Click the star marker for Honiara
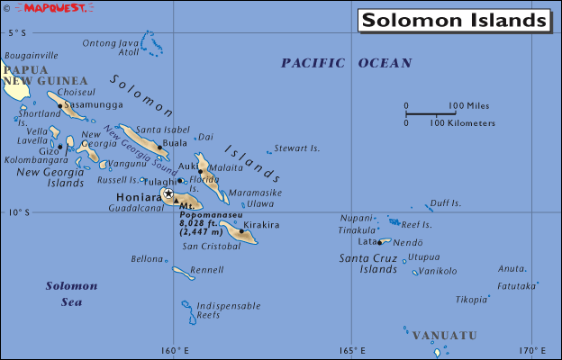pyautogui.click(x=168, y=193)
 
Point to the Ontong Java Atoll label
pyautogui.click(x=111, y=48)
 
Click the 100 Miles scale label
pyautogui.click(x=468, y=105)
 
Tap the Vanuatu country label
pyautogui.click(x=444, y=336)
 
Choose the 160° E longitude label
pyautogui.click(x=175, y=350)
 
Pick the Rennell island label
pyautogui.click(x=207, y=269)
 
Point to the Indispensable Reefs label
pyautogui.click(x=221, y=310)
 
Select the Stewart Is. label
pyautogui.click(x=297, y=148)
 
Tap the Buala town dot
pyautogui.click(x=159, y=148)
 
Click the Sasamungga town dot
pyautogui.click(x=60, y=106)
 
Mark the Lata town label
pyautogui.click(x=367, y=241)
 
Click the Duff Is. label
pyautogui.click(x=445, y=203)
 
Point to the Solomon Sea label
pyautogui.click(x=64, y=293)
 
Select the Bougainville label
pyautogui.click(x=32, y=56)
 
